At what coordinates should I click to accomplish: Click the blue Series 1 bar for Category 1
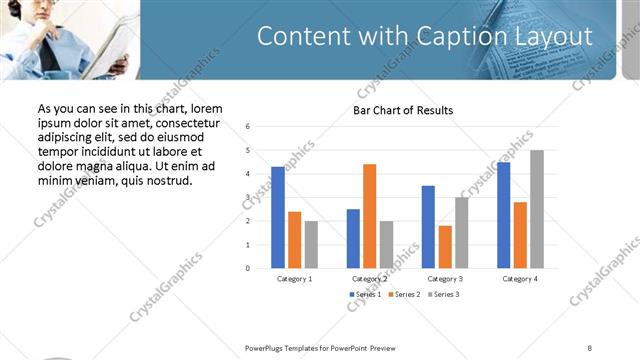coord(277,217)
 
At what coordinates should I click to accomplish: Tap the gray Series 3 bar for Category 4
coord(537,209)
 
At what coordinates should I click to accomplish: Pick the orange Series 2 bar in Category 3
coord(444,247)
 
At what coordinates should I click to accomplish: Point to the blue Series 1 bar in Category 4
coord(503,215)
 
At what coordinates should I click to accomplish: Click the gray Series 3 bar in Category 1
coord(311,244)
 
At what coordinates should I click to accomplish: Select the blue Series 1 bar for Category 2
coord(353,238)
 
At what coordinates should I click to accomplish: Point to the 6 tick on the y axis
coord(247,126)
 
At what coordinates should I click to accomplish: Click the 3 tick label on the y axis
coord(247,197)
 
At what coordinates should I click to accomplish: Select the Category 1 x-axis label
coord(294,279)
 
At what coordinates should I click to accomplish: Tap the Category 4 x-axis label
coord(520,279)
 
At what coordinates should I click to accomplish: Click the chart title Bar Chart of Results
coord(403,110)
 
